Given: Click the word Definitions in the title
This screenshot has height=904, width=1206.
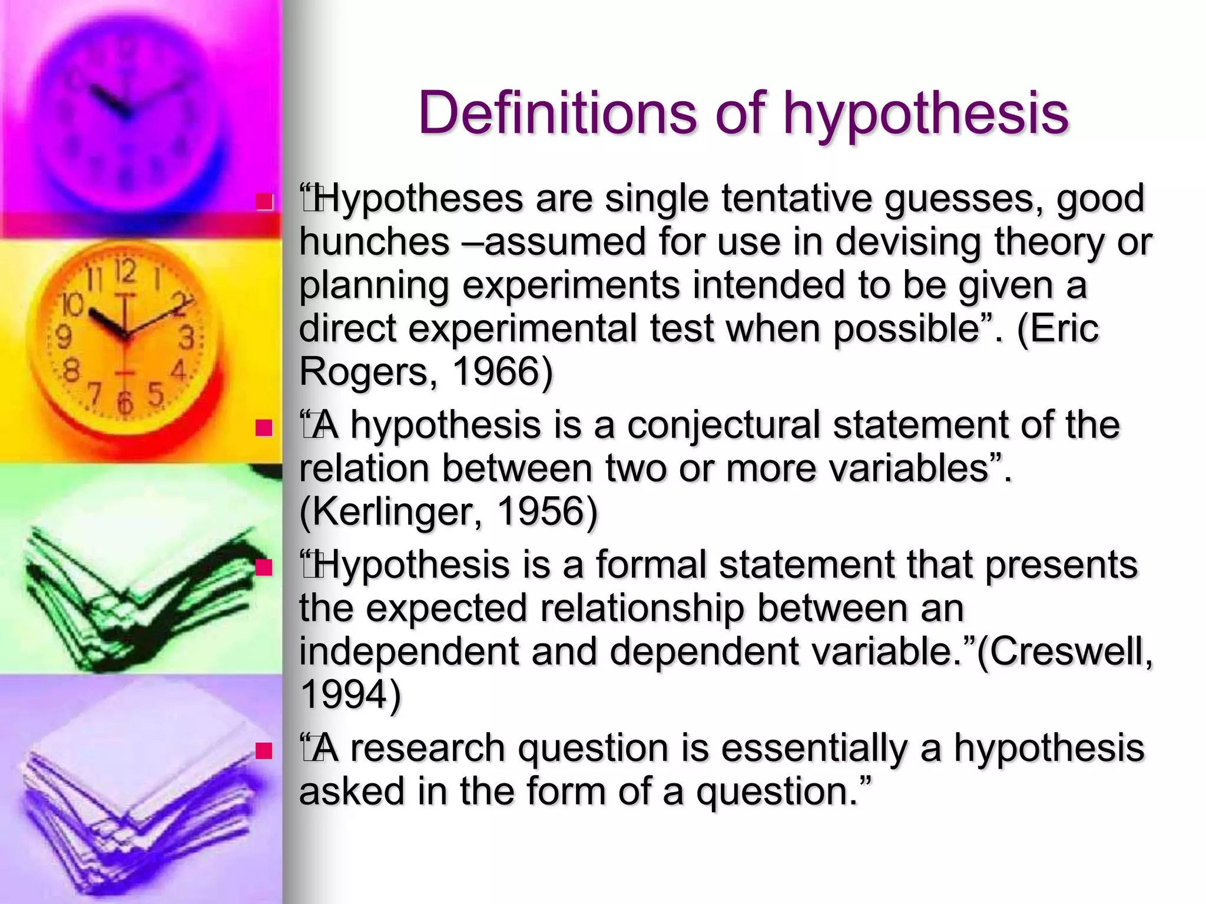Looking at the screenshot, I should tap(557, 113).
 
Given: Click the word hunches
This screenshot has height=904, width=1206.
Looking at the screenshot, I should tap(375, 241).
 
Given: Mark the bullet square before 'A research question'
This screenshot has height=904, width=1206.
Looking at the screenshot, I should tap(264, 750).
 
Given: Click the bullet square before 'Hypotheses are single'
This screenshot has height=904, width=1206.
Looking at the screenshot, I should tap(264, 202).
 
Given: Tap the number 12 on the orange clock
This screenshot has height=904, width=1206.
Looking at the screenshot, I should tap(125, 272).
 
